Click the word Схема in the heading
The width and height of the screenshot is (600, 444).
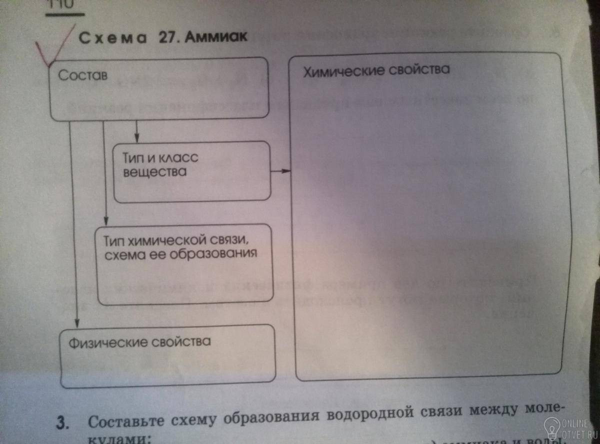coord(110,38)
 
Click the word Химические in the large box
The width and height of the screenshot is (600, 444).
coord(343,70)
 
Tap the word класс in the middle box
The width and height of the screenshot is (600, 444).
coord(178,158)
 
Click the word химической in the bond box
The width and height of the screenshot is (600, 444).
coord(169,240)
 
